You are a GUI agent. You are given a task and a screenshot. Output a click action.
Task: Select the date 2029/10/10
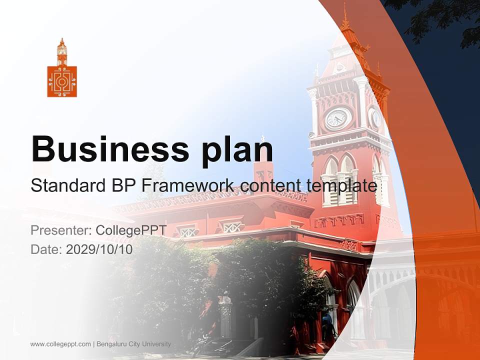tap(99, 249)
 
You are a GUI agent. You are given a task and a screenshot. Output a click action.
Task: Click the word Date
tap(45, 249)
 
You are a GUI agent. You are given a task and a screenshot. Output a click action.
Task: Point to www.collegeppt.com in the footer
tap(60, 344)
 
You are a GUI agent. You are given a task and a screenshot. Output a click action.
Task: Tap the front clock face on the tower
tap(337, 118)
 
